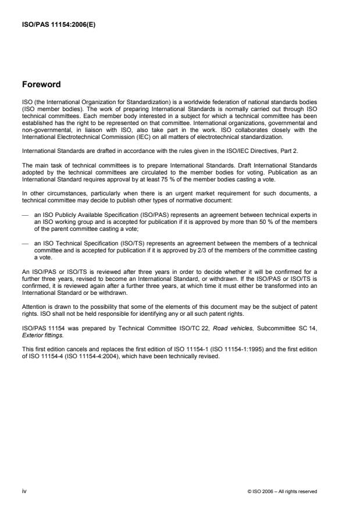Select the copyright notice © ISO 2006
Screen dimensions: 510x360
pos(282,491)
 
